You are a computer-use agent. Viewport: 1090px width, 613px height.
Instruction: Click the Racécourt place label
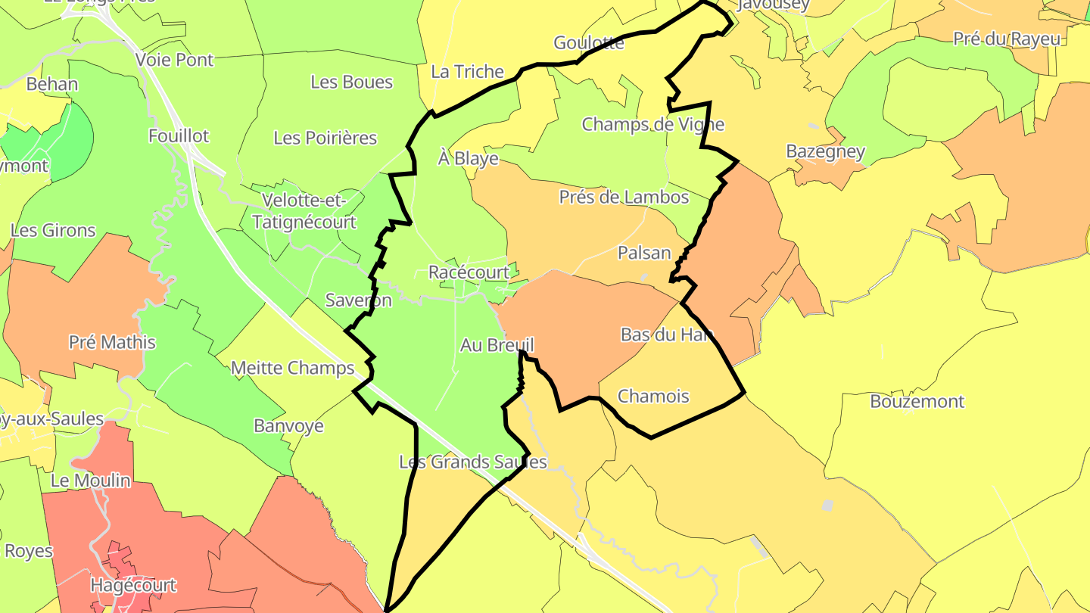469,272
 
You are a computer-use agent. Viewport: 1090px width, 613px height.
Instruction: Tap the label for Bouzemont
917,401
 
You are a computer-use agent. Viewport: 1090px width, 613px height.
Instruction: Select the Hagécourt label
133,585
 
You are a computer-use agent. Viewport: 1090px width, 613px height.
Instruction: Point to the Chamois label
653,396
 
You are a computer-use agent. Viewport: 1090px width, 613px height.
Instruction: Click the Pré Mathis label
112,342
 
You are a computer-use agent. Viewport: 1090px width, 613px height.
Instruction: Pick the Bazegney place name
825,151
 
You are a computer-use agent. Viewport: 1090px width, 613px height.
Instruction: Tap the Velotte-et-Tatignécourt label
304,212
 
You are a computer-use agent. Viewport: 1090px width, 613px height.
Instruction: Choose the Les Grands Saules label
473,462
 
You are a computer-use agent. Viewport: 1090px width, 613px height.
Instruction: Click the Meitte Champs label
292,369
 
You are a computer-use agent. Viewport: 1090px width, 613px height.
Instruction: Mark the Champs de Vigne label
652,124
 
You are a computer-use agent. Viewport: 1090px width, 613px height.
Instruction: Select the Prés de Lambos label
624,198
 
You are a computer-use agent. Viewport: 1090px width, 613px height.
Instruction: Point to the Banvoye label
288,425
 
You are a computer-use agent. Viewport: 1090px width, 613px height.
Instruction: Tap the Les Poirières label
325,138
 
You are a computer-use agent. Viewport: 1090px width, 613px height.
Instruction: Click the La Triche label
467,72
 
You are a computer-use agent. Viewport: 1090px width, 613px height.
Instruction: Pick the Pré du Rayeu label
1007,39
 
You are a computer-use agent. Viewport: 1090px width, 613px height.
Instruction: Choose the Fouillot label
179,136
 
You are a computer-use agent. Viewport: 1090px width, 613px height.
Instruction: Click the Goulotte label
589,43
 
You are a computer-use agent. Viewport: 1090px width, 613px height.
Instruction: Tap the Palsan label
644,253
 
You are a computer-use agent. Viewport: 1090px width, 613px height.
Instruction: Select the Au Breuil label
497,345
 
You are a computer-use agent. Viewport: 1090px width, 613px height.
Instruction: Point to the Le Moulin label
91,481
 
